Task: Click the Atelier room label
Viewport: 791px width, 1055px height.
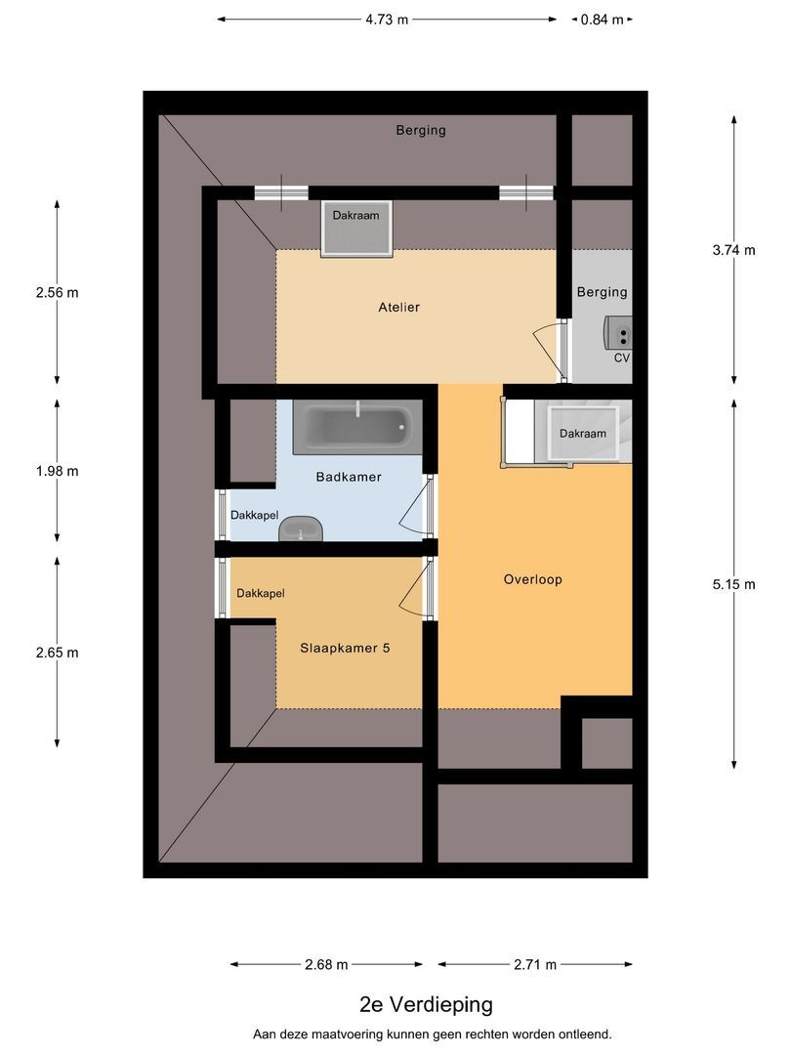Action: click(398, 308)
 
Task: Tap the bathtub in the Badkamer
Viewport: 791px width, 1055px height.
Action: click(356, 426)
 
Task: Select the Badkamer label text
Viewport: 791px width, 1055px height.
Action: click(348, 478)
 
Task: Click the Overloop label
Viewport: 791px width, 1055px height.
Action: click(532, 579)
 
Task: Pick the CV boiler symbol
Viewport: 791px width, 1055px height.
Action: click(619, 333)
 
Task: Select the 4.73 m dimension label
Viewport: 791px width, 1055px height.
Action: click(387, 19)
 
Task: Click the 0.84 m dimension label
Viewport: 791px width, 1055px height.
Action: click(602, 19)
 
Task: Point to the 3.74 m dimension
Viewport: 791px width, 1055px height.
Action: click(734, 249)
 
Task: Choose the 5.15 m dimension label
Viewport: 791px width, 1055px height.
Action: click(734, 585)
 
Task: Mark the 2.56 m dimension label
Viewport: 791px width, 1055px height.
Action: click(57, 292)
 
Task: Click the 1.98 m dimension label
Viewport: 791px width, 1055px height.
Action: click(57, 471)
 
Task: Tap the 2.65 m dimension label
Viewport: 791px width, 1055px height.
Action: click(57, 653)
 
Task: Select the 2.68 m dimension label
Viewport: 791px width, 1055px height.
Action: click(326, 965)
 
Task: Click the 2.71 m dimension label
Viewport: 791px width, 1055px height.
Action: click(535, 965)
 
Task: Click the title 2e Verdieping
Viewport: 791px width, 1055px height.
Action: click(426, 1004)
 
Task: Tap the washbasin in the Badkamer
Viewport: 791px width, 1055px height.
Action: click(301, 530)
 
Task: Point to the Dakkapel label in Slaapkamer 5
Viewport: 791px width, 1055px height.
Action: click(260, 593)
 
